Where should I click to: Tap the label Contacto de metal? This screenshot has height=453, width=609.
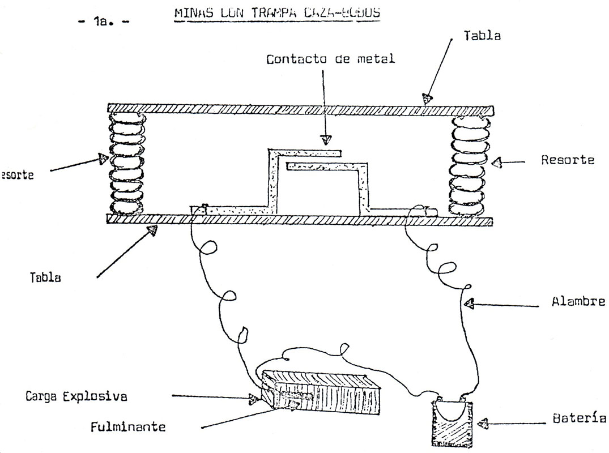pos(331,59)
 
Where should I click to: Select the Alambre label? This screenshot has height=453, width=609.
pos(578,302)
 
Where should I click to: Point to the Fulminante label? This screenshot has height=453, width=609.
pos(129,426)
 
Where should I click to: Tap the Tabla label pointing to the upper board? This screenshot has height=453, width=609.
pos(482,35)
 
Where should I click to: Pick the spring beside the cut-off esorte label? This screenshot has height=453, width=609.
pos(127,164)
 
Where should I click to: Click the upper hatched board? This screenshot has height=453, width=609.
pos(300,108)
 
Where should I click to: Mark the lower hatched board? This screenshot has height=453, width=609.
pos(300,221)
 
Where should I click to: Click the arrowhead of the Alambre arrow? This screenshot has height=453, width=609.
pos(469,305)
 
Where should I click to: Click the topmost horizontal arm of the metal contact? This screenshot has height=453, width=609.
pos(306,152)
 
